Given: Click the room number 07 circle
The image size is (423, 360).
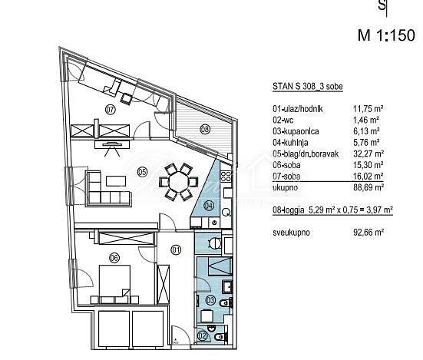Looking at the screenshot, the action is click(111, 110).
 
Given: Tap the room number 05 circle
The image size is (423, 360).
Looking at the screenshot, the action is click(142, 171).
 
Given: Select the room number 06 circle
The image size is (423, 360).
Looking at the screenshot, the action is click(114, 258).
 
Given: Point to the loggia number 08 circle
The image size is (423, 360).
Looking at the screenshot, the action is click(205, 130).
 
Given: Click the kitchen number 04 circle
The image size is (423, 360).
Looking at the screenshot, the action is click(209, 206).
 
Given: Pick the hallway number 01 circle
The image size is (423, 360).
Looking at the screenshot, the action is click(176, 250).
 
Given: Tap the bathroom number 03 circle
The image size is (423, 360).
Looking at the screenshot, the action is click(210, 300).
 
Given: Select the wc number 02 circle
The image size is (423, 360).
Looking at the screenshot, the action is click(203, 336).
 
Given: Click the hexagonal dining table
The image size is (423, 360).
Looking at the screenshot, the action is click(179, 182).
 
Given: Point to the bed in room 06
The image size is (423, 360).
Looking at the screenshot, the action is click(115, 284).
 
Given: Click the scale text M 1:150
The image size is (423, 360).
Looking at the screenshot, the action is click(386, 35).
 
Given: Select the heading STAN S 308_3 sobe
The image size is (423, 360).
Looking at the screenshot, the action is click(308, 87).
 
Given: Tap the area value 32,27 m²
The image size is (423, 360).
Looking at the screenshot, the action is click(368, 154).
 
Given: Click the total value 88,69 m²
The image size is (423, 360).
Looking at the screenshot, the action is click(368, 187).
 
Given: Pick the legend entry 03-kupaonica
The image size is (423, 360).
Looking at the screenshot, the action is click(296, 131).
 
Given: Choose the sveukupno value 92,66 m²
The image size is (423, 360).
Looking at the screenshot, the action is click(368, 232).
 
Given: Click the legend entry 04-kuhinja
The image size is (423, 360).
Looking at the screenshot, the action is click(290, 142).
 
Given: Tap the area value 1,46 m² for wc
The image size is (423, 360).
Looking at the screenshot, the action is click(366, 120).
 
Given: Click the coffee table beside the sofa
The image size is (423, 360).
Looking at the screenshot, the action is click(116, 181).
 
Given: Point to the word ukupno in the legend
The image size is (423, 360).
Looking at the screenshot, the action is click(285, 187).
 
